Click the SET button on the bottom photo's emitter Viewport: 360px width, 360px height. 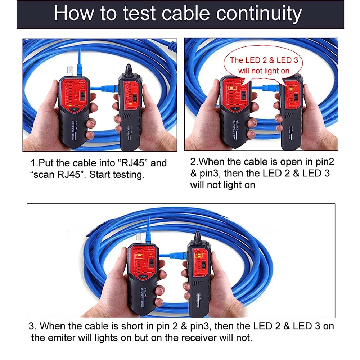[143, 276]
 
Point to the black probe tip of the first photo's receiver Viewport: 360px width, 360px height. [129, 69]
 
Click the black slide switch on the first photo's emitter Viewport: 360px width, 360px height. [82, 96]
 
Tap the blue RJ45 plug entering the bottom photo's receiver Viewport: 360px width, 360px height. [177, 256]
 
